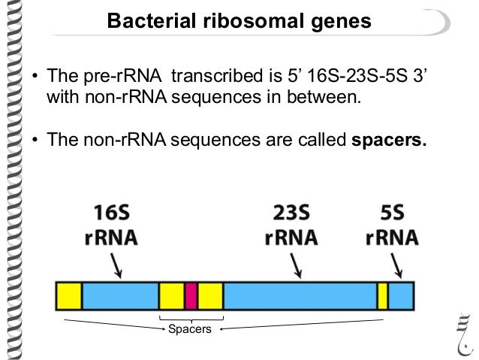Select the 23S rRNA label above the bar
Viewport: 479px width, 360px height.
click(291, 225)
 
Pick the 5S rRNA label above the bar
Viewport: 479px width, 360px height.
click(392, 225)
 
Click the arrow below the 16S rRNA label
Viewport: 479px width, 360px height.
click(117, 265)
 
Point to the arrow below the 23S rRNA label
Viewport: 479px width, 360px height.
click(298, 265)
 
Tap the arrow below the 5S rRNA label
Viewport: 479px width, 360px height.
click(396, 265)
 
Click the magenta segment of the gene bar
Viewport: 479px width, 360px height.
click(191, 296)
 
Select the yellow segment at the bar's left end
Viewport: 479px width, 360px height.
click(69, 296)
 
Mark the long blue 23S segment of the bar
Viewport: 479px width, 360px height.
click(300, 296)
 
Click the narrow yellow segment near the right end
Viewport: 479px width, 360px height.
click(382, 296)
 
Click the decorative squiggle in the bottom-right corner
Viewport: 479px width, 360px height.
click(464, 330)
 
